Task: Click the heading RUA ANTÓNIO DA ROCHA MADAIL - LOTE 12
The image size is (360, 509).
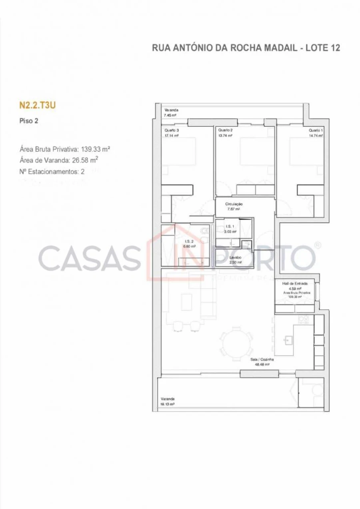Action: point(246,48)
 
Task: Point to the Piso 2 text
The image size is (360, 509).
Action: point(29,121)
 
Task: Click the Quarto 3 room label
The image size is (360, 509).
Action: point(171,130)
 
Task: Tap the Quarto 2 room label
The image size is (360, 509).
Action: point(225,130)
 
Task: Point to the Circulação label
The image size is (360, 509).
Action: point(234,204)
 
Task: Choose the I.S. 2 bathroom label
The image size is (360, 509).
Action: point(190,242)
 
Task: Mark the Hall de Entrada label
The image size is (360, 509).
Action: point(294,283)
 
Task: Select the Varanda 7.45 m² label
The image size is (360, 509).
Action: point(171,110)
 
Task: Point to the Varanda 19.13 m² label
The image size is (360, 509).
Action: point(168,399)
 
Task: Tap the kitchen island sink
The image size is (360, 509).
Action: point(288,340)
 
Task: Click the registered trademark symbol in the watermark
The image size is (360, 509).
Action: point(318,245)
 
